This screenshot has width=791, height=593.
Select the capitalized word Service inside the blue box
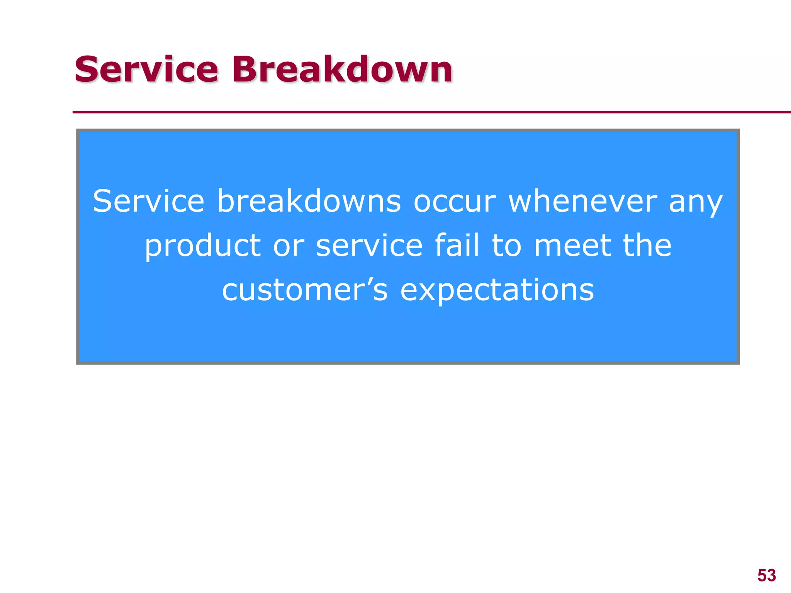coord(148,201)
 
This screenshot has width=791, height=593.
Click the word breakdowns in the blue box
coord(309,201)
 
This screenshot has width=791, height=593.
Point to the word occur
coord(454,201)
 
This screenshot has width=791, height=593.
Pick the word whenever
coord(582,201)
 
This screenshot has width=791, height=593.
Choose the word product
coord(203,246)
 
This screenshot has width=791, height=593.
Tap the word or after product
coord(289,246)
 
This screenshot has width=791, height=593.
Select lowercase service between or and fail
coord(369,246)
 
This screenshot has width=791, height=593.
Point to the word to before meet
coord(507,246)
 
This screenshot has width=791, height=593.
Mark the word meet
coord(572,246)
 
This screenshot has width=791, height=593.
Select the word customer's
coord(304,290)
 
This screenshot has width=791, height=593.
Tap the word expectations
coord(497,291)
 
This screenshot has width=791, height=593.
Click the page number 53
coord(767,575)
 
